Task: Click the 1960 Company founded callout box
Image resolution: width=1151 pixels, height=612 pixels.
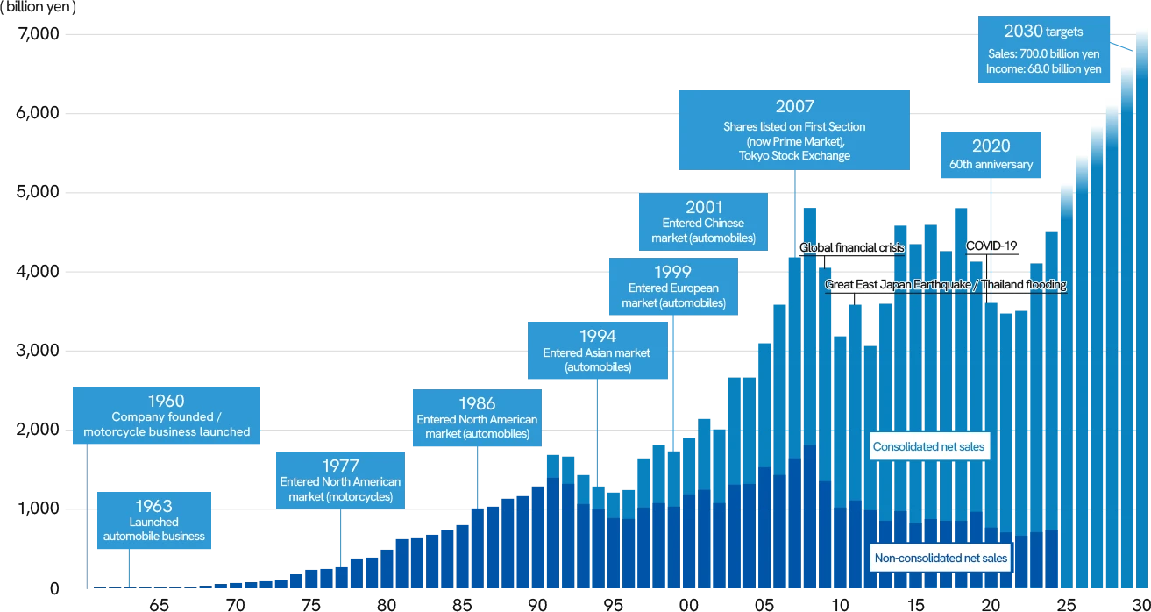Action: (167, 416)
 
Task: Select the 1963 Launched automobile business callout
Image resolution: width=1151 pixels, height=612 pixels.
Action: (154, 521)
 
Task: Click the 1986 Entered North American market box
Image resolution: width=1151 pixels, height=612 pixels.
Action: (477, 418)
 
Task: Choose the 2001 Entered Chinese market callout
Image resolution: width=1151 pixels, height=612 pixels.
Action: (704, 223)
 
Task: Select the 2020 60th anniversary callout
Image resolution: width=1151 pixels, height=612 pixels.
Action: (991, 155)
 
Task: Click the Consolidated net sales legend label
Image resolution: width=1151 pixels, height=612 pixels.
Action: (928, 447)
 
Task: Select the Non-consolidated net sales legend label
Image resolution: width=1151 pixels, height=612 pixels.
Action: (941, 559)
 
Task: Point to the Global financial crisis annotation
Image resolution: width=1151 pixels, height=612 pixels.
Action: (851, 248)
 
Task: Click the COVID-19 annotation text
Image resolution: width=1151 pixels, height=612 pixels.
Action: (991, 246)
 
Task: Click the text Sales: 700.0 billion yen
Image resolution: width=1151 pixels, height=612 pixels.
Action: (1042, 53)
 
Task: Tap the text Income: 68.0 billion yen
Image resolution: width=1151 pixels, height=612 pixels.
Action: (1042, 68)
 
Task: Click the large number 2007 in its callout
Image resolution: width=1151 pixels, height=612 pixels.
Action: (794, 106)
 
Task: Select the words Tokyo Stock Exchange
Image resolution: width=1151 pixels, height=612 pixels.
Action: (794, 155)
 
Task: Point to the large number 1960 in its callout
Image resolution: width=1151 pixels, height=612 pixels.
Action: (167, 401)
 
